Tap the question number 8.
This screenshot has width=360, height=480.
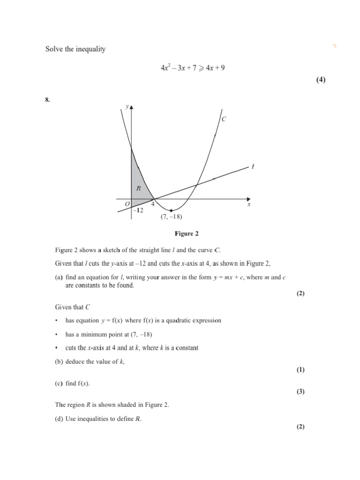click(x=47, y=99)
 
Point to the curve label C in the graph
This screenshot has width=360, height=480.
click(x=224, y=120)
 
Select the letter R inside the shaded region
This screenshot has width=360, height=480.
click(x=138, y=188)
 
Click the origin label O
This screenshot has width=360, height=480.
click(x=127, y=204)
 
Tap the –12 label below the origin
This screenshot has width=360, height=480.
click(x=137, y=210)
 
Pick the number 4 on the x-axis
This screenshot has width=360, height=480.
click(x=152, y=204)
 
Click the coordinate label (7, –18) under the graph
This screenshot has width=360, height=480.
click(x=171, y=217)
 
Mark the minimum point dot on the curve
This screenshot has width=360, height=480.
click(x=171, y=210)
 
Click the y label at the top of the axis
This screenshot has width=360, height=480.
click(x=127, y=107)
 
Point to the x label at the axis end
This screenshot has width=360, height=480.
click(x=249, y=204)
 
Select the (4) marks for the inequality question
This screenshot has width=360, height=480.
click(x=320, y=80)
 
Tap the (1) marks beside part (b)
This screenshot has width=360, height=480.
click(x=300, y=370)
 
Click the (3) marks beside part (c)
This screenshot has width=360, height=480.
click(x=300, y=392)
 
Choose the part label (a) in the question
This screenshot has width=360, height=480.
click(x=59, y=277)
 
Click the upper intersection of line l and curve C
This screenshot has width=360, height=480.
click(x=197, y=184)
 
